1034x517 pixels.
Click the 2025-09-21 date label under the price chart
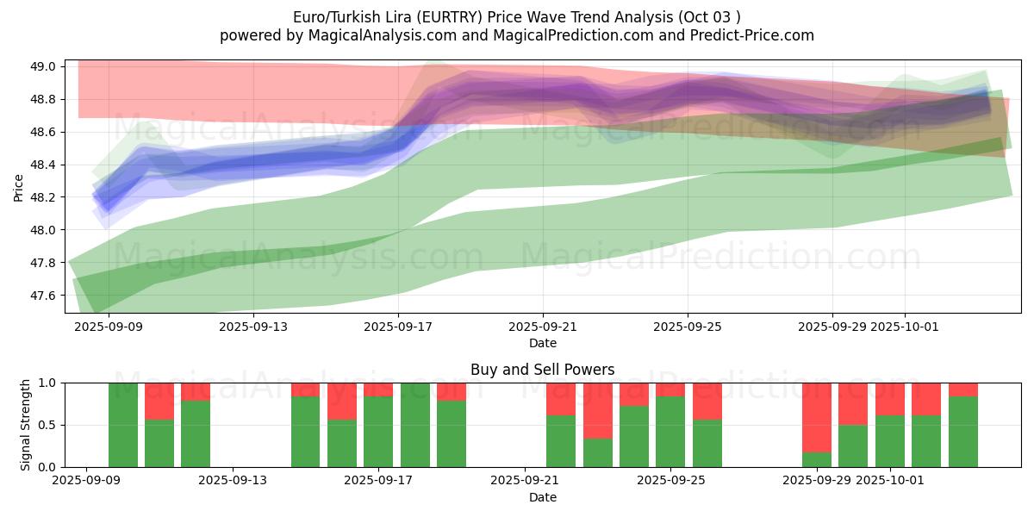point(543,327)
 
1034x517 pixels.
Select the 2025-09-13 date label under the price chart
point(253,327)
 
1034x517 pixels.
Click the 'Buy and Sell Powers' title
point(542,370)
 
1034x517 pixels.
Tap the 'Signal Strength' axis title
point(26,425)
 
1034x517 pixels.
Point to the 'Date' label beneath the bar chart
point(542,497)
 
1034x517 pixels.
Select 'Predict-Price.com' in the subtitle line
point(756,35)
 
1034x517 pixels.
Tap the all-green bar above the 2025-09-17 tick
point(415,425)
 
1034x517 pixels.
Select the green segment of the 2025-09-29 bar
point(817,459)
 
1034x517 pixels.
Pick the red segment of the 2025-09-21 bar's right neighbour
point(598,410)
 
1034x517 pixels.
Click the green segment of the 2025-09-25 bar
point(670,432)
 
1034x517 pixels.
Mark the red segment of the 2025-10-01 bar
point(890,399)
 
